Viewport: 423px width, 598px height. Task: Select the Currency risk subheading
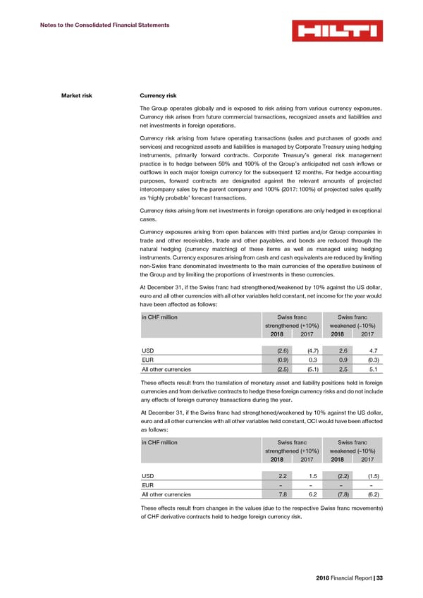159,95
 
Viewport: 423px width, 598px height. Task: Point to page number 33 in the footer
379,579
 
